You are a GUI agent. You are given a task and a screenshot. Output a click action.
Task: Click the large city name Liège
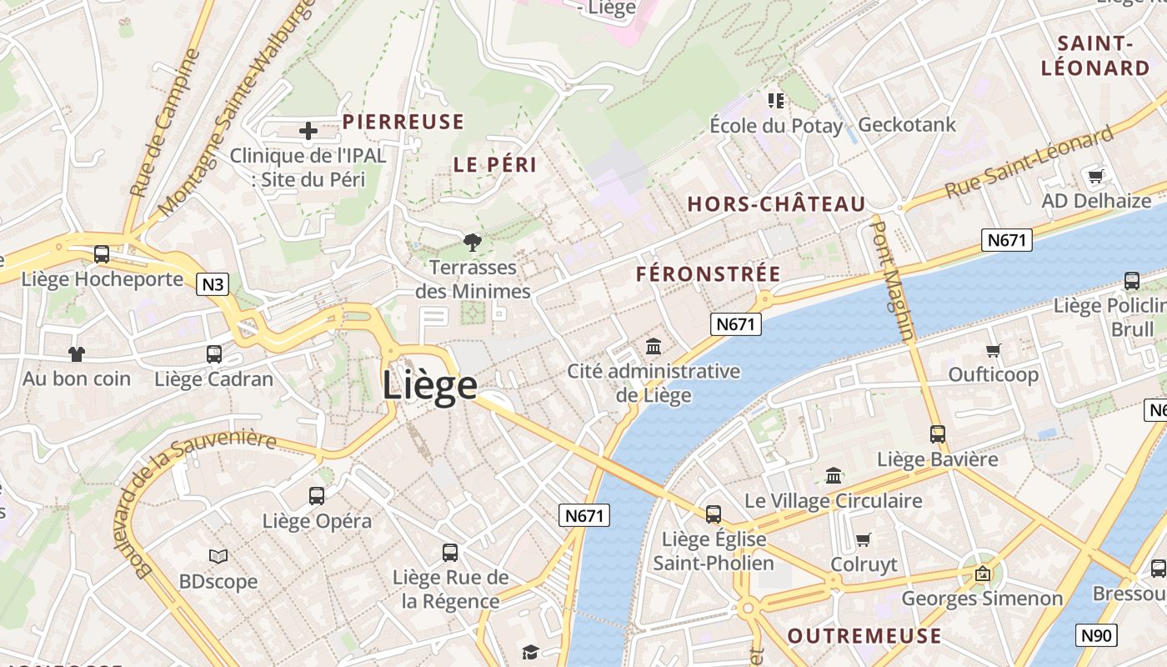click(429, 385)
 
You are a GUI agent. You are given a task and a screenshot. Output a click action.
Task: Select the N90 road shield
click(1096, 635)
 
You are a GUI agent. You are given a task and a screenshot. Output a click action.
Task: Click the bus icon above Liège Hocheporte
click(102, 254)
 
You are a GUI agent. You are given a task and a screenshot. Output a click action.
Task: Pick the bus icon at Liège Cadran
click(214, 354)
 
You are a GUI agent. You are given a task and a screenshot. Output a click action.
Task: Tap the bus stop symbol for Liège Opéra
click(317, 496)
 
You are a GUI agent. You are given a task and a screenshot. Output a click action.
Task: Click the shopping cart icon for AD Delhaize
click(1095, 176)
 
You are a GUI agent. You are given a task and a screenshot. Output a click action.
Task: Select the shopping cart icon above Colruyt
click(864, 539)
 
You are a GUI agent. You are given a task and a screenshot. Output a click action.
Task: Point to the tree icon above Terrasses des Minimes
click(473, 243)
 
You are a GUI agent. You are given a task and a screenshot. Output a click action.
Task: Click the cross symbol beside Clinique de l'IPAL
click(308, 130)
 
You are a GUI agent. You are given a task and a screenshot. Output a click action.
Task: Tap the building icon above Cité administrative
click(654, 346)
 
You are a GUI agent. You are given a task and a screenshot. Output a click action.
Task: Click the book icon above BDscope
click(218, 556)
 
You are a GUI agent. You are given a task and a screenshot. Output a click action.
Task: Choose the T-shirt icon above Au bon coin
click(77, 354)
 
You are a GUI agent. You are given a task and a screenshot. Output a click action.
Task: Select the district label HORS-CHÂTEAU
click(776, 204)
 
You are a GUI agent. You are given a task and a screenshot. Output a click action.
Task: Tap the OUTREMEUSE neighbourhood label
click(864, 636)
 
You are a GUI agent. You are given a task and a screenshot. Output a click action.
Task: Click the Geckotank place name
click(907, 125)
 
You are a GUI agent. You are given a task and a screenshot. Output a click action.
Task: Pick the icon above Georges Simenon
click(982, 574)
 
